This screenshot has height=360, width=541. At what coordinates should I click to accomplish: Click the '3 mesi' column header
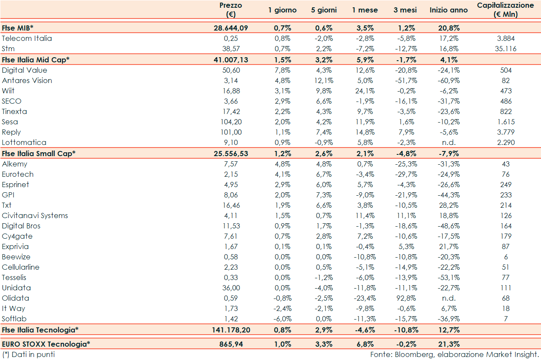405,10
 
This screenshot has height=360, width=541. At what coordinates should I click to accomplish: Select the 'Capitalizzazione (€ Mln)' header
505,10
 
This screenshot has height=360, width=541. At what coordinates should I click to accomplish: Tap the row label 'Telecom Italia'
27,38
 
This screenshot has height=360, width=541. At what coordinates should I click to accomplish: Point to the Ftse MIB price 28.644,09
231,28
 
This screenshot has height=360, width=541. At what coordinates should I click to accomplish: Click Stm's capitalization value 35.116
505,49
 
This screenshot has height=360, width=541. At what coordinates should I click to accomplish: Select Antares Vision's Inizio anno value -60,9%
449,80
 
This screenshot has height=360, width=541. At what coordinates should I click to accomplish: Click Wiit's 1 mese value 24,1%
365,91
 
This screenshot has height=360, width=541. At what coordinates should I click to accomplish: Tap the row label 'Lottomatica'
24,142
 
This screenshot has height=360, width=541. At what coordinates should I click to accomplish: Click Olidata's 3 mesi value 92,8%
406,298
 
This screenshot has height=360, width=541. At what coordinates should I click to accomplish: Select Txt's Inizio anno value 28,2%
449,205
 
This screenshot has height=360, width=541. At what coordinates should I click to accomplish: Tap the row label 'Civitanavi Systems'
35,215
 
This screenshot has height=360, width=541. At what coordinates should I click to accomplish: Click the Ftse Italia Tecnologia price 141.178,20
231,330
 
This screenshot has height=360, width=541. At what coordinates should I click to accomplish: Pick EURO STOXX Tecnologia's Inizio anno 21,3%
449,344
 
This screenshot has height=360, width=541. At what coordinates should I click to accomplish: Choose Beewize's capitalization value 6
506,257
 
